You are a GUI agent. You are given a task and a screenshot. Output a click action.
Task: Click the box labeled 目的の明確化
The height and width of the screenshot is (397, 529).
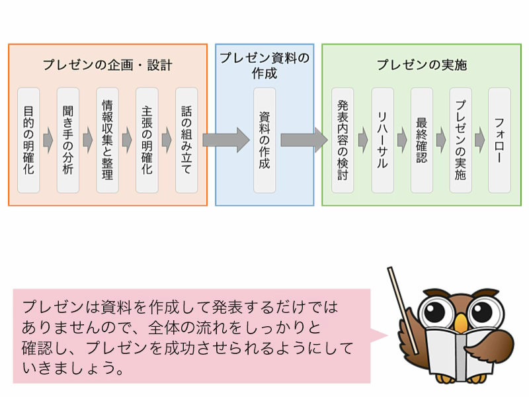pyautogui.click(x=28, y=140)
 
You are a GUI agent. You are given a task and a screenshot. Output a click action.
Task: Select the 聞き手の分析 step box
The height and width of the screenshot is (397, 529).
pyautogui.click(x=68, y=140)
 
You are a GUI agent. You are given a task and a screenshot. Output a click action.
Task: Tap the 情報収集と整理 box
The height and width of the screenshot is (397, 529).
pyautogui.click(x=107, y=140)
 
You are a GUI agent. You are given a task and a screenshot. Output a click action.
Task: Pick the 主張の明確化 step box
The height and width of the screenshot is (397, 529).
pyautogui.click(x=147, y=140)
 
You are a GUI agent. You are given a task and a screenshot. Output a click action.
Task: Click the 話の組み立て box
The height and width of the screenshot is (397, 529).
pyautogui.click(x=186, y=140)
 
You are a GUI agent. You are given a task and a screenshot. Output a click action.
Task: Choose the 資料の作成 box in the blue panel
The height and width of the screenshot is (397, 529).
pyautogui.click(x=264, y=140)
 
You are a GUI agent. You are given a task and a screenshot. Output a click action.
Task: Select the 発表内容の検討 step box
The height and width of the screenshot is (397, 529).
pyautogui.click(x=343, y=140)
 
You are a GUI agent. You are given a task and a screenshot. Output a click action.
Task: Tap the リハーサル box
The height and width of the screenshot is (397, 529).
pyautogui.click(x=383, y=140)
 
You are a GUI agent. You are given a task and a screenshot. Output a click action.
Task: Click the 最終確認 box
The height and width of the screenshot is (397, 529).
pyautogui.click(x=422, y=140)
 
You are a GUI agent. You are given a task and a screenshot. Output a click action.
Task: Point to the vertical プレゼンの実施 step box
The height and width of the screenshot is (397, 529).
pyautogui.click(x=460, y=140)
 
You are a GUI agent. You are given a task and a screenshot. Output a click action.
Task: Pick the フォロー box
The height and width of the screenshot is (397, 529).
pyautogui.click(x=500, y=140)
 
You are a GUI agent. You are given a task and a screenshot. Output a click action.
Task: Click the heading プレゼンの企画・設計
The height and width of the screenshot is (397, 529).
pyautogui.click(x=108, y=65)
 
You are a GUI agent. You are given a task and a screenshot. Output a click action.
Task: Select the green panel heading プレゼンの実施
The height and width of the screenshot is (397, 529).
pyautogui.click(x=422, y=64)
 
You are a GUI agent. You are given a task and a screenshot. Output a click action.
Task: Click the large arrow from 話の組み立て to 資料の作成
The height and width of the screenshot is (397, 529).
pyautogui.click(x=226, y=140)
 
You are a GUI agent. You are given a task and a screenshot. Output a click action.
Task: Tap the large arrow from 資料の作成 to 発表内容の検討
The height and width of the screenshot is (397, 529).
pyautogui.click(x=304, y=140)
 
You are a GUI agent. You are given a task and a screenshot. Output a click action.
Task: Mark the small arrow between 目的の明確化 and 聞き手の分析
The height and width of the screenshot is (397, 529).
pyautogui.click(x=48, y=140)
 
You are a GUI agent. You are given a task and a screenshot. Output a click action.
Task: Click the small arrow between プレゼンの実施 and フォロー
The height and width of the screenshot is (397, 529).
pyautogui.click(x=480, y=140)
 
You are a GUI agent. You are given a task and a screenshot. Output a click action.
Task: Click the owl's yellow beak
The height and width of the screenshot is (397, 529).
pyautogui.click(x=460, y=323)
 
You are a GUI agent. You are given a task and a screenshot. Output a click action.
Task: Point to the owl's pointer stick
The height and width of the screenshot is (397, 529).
pyautogui.click(x=403, y=310)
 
